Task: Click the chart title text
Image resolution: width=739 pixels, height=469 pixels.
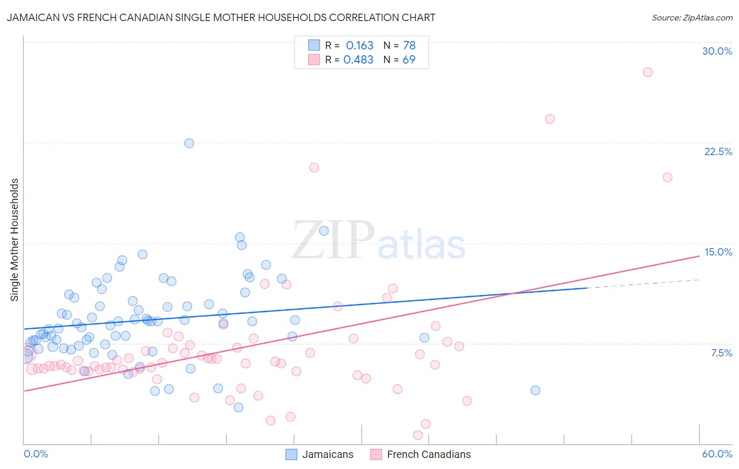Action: [221, 17]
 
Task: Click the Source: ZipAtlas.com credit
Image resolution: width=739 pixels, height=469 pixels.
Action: [692, 17]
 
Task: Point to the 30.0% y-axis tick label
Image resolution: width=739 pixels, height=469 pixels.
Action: [717, 51]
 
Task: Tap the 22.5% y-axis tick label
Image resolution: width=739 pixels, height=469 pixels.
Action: [718, 151]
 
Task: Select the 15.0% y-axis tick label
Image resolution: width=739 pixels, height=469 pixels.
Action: [718, 252]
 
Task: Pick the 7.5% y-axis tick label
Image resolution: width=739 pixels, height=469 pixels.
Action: [721, 353]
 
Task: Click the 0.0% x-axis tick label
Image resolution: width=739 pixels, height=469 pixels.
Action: [36, 454]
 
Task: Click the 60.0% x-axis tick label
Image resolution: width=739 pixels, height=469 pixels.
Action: [717, 454]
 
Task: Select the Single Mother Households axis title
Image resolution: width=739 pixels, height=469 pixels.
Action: [15, 240]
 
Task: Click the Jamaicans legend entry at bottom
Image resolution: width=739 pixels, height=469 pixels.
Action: [327, 454]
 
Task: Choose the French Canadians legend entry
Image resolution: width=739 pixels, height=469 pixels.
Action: [428, 454]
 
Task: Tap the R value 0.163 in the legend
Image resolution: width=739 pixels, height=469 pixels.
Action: [360, 45]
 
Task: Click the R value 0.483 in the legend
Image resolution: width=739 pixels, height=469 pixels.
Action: [358, 59]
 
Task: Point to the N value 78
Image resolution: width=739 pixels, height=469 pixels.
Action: [409, 45]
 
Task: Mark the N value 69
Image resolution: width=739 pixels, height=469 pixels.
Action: [409, 59]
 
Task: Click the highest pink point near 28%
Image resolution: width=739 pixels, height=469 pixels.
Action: [648, 72]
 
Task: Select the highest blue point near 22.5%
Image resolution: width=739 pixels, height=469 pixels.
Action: [189, 143]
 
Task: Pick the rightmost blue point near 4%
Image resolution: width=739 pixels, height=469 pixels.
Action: [535, 390]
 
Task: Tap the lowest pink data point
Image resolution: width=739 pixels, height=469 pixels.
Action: [418, 435]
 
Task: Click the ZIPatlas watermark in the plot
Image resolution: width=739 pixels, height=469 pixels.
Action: [378, 241]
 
